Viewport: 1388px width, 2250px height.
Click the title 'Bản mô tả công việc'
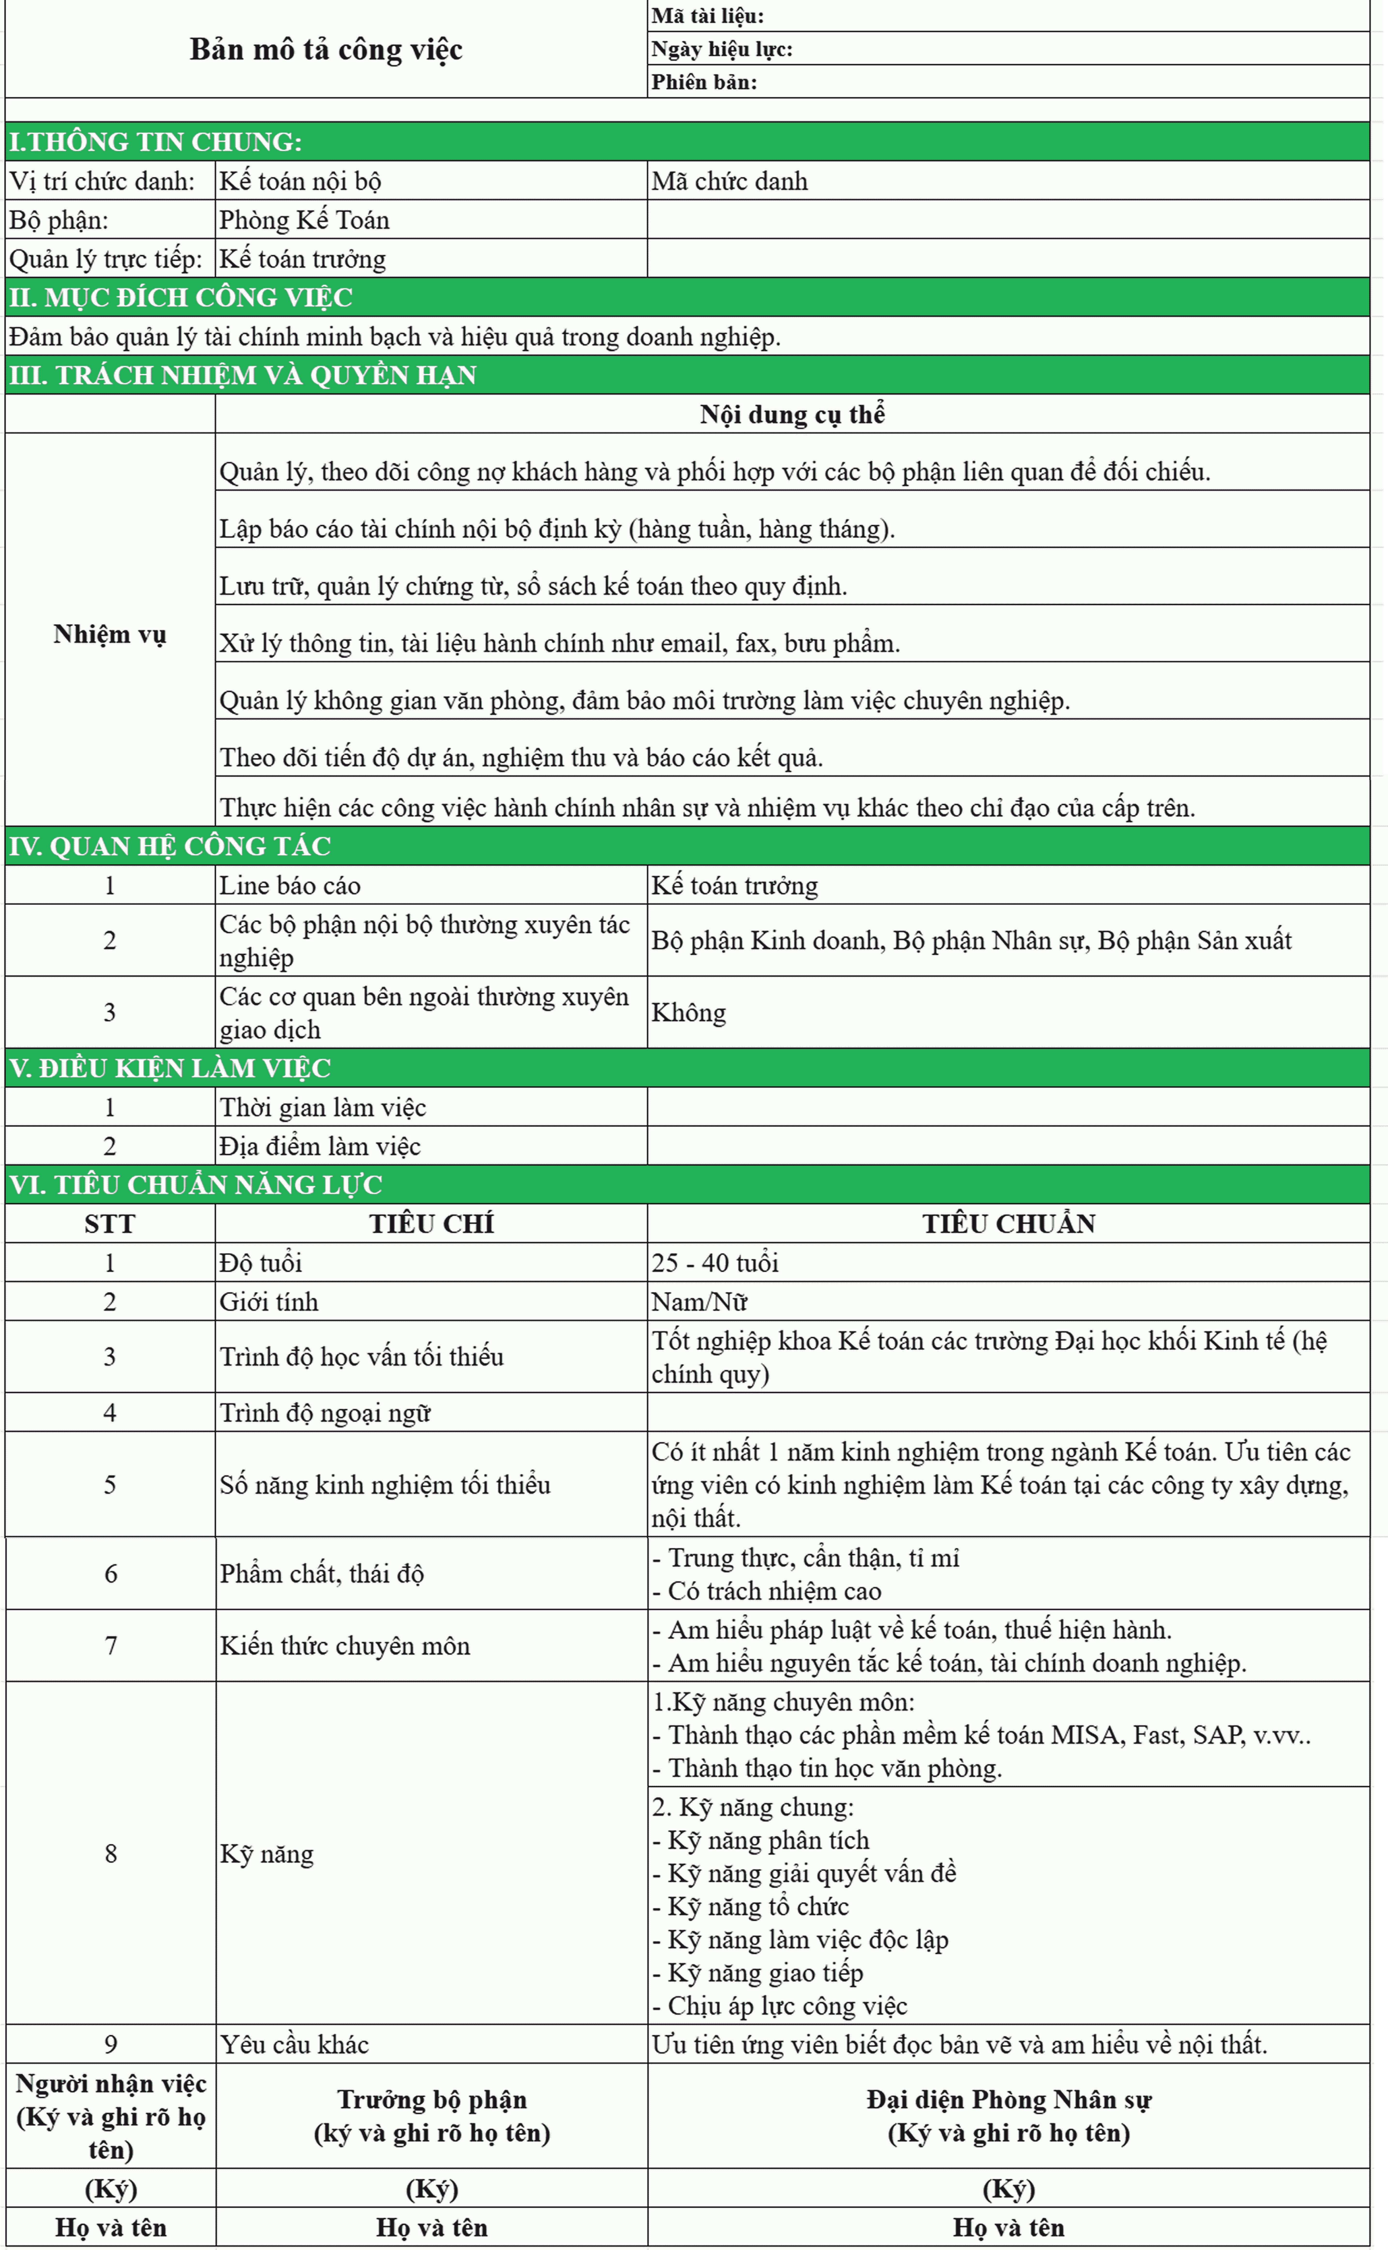click(x=326, y=50)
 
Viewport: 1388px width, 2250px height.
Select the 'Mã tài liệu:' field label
click(x=707, y=15)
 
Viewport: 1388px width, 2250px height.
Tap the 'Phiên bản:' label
click(x=704, y=82)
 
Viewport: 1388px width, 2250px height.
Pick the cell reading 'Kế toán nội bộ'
click(x=300, y=181)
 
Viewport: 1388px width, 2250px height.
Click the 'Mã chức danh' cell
click(x=730, y=181)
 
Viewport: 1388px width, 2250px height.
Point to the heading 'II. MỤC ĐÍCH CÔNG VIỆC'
click(x=181, y=298)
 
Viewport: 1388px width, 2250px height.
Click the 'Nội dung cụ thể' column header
click(x=792, y=414)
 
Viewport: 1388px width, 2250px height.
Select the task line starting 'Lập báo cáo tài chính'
click(x=556, y=529)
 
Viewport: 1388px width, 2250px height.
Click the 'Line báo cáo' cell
click(x=290, y=885)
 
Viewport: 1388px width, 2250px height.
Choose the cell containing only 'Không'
click(x=688, y=1012)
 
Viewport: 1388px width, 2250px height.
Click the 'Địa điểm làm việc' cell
click(x=319, y=1146)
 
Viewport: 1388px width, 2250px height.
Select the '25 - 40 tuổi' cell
click(x=715, y=1263)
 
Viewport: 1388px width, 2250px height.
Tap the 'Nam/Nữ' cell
click(x=700, y=1301)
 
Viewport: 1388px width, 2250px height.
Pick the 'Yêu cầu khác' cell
click(x=294, y=2044)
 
